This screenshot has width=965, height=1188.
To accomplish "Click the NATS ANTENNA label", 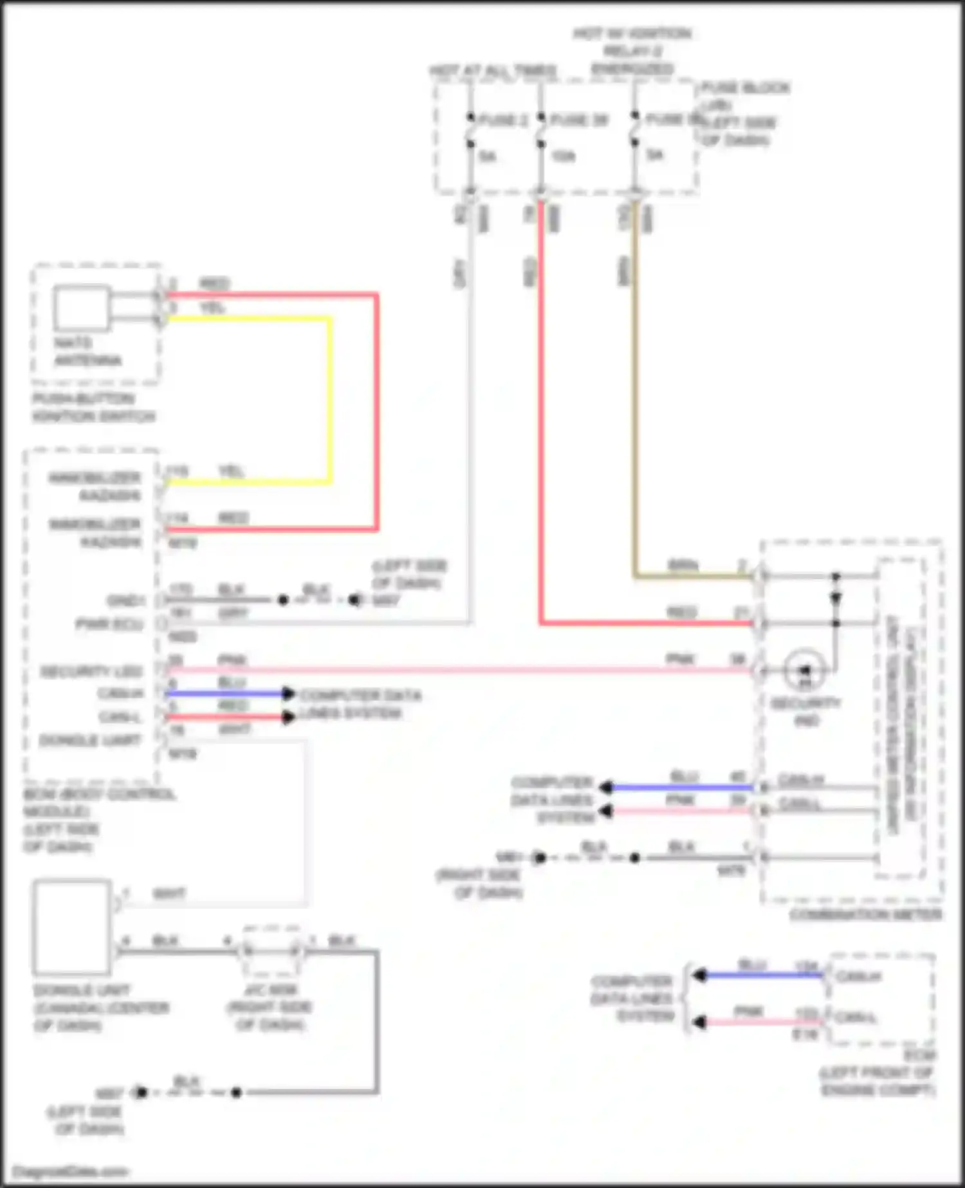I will [87, 351].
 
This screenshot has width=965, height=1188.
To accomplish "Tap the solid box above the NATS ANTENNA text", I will [82, 308].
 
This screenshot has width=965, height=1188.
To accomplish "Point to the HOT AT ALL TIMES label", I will [493, 71].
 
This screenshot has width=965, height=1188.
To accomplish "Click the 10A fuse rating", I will [562, 156].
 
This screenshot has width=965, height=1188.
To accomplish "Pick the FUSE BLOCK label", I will [745, 88].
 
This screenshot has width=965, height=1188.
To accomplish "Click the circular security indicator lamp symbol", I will [804, 670].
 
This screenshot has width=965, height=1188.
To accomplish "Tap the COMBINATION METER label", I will [865, 914].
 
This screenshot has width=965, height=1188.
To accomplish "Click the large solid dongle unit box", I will [72, 927].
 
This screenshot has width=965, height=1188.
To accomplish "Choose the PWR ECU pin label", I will [109, 624].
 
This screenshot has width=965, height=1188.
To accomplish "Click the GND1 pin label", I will [126, 600].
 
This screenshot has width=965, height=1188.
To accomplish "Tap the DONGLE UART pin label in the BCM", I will [90, 741].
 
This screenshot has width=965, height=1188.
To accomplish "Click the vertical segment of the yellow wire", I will [331, 399].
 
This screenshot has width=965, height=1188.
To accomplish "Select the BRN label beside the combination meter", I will [683, 566].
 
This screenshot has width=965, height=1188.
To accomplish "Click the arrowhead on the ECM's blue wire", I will [699, 976].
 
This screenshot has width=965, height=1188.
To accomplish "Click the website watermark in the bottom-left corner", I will [71, 1171].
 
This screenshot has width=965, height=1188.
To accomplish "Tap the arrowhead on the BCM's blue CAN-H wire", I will [288, 693].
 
